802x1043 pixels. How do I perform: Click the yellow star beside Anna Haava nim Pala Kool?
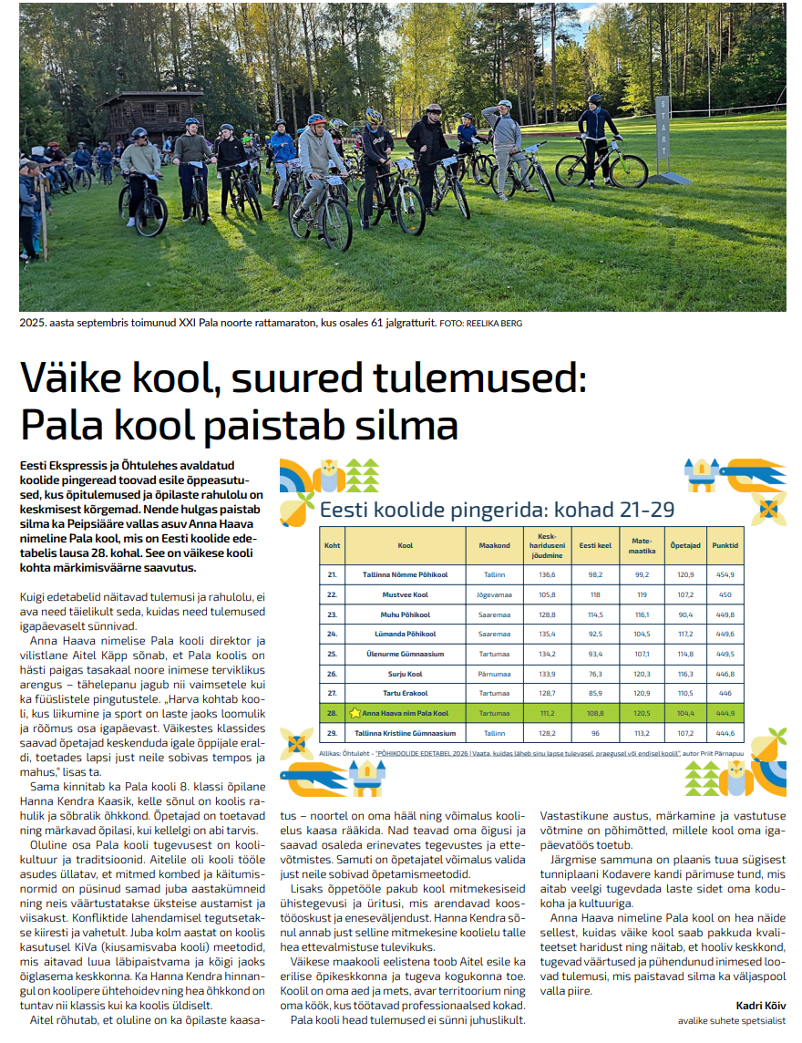click(x=355, y=712)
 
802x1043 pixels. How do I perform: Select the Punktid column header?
click(x=725, y=546)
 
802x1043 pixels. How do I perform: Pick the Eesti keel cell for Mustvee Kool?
click(x=595, y=594)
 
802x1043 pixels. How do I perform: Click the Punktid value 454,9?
click(x=725, y=575)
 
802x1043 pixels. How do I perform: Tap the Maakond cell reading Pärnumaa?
click(x=495, y=674)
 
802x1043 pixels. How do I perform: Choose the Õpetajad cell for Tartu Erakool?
click(x=685, y=693)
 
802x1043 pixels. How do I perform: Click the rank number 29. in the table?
click(x=332, y=732)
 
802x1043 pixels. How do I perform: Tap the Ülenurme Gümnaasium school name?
click(x=406, y=654)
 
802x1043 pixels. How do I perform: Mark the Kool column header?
click(x=406, y=546)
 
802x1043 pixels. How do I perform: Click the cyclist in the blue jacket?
click(x=283, y=150)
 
